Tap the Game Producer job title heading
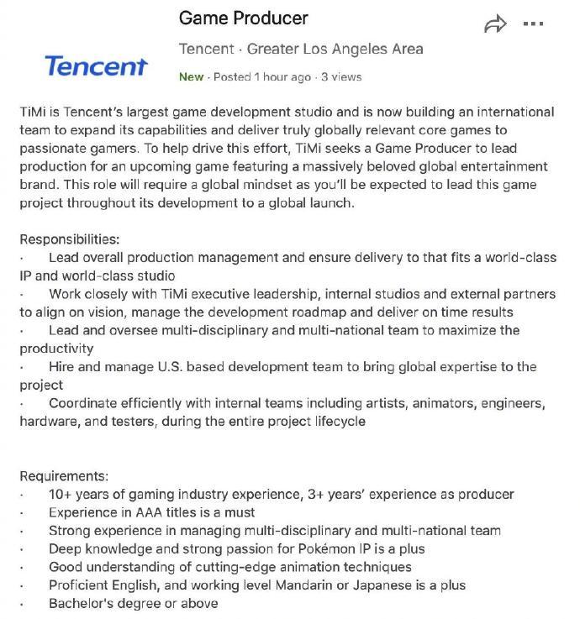click(244, 18)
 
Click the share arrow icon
click(496, 24)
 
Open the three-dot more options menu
click(534, 24)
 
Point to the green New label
click(191, 76)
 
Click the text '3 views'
click(340, 76)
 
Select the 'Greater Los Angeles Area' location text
click(335, 48)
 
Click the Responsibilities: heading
click(70, 239)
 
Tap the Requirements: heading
click(64, 476)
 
